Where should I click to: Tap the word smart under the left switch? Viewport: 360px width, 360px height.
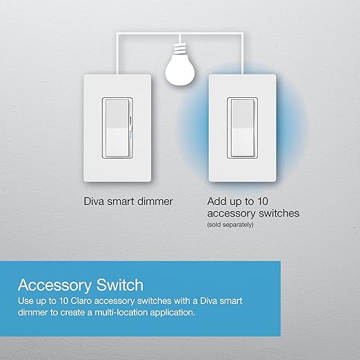point(125,201)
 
